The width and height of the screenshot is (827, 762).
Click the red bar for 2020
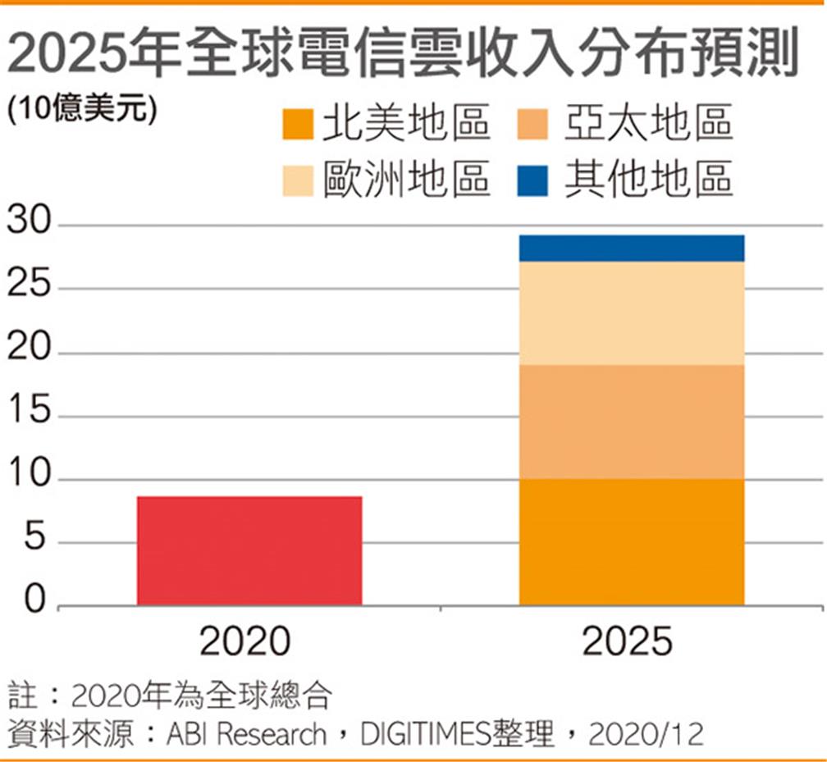249,550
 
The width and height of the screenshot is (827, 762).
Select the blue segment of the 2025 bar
632,248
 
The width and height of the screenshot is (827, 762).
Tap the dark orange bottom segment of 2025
632,541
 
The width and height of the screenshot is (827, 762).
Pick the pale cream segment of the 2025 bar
632,313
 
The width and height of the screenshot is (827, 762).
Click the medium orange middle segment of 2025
632,422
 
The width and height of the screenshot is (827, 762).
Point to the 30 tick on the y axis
29,226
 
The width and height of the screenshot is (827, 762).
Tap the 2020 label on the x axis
245,641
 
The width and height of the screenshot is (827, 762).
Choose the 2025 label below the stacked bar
628,641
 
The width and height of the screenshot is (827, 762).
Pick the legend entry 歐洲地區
406,178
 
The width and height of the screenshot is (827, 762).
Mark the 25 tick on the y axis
29,289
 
